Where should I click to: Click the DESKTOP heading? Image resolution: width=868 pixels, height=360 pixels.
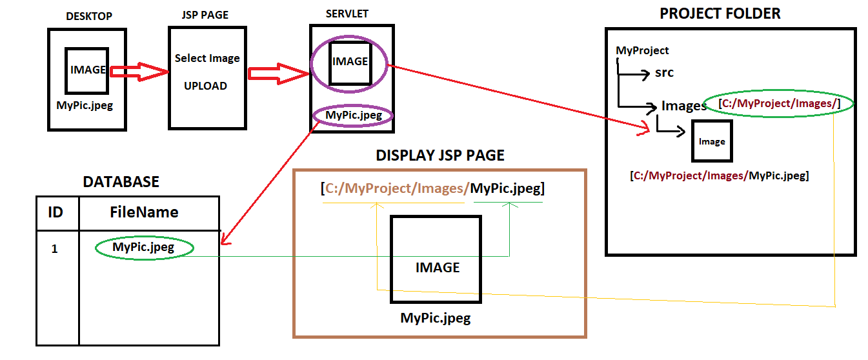coord(89,16)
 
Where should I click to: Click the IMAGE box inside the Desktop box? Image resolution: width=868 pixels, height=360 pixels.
coord(86,70)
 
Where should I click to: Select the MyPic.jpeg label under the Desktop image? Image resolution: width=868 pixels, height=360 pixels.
coord(85,105)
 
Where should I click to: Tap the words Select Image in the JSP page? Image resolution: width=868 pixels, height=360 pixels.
coord(207,58)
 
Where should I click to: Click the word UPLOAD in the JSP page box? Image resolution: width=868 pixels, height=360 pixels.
coord(205,86)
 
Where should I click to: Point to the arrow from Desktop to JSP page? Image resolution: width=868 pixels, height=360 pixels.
coord(138,72)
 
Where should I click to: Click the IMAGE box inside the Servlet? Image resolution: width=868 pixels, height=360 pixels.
coord(350,63)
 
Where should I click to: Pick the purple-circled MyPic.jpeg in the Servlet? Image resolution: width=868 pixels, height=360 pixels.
coord(354,115)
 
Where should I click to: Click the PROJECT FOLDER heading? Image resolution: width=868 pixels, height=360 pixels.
coord(720,14)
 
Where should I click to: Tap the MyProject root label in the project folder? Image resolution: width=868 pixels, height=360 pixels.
coord(642,50)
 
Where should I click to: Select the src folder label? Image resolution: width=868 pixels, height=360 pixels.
coord(664,72)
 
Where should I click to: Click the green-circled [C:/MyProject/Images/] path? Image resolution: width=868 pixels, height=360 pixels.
coord(778,103)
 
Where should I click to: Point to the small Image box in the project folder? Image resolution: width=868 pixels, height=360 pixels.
coord(712,141)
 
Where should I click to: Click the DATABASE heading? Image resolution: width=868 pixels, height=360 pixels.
coord(121,182)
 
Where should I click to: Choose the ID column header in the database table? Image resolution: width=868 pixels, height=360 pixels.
coord(56,212)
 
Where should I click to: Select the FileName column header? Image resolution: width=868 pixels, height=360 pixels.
coord(144,212)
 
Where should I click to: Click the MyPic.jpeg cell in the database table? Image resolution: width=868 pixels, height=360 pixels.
coord(143,247)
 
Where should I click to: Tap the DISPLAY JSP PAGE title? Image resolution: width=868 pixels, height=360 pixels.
coord(440,155)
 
